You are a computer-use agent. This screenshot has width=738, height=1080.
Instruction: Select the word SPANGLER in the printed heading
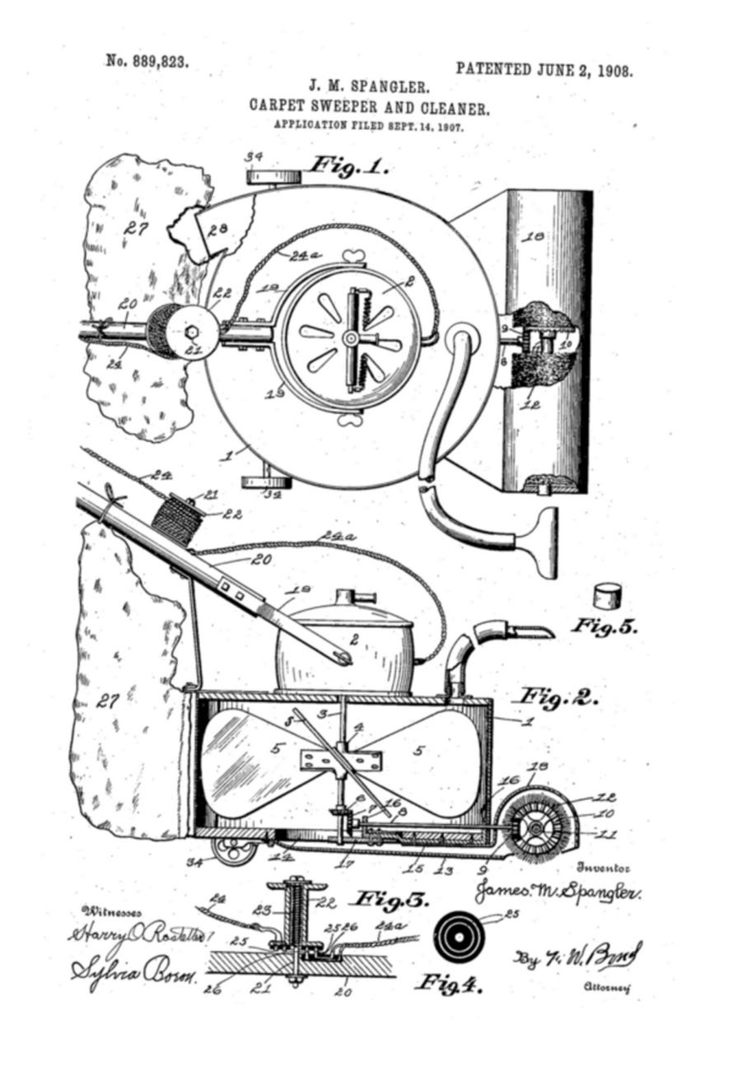point(388,86)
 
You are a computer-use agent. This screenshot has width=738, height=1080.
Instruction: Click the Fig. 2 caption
point(553,697)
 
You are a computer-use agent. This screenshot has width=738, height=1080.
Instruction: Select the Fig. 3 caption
point(391,900)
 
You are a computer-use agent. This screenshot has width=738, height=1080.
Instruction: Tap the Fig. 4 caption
point(448,981)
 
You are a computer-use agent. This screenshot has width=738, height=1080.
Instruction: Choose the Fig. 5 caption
point(605,626)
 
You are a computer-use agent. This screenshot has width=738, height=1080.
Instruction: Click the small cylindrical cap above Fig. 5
point(608,594)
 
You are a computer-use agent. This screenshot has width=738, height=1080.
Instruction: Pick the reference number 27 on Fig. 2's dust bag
point(108,701)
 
